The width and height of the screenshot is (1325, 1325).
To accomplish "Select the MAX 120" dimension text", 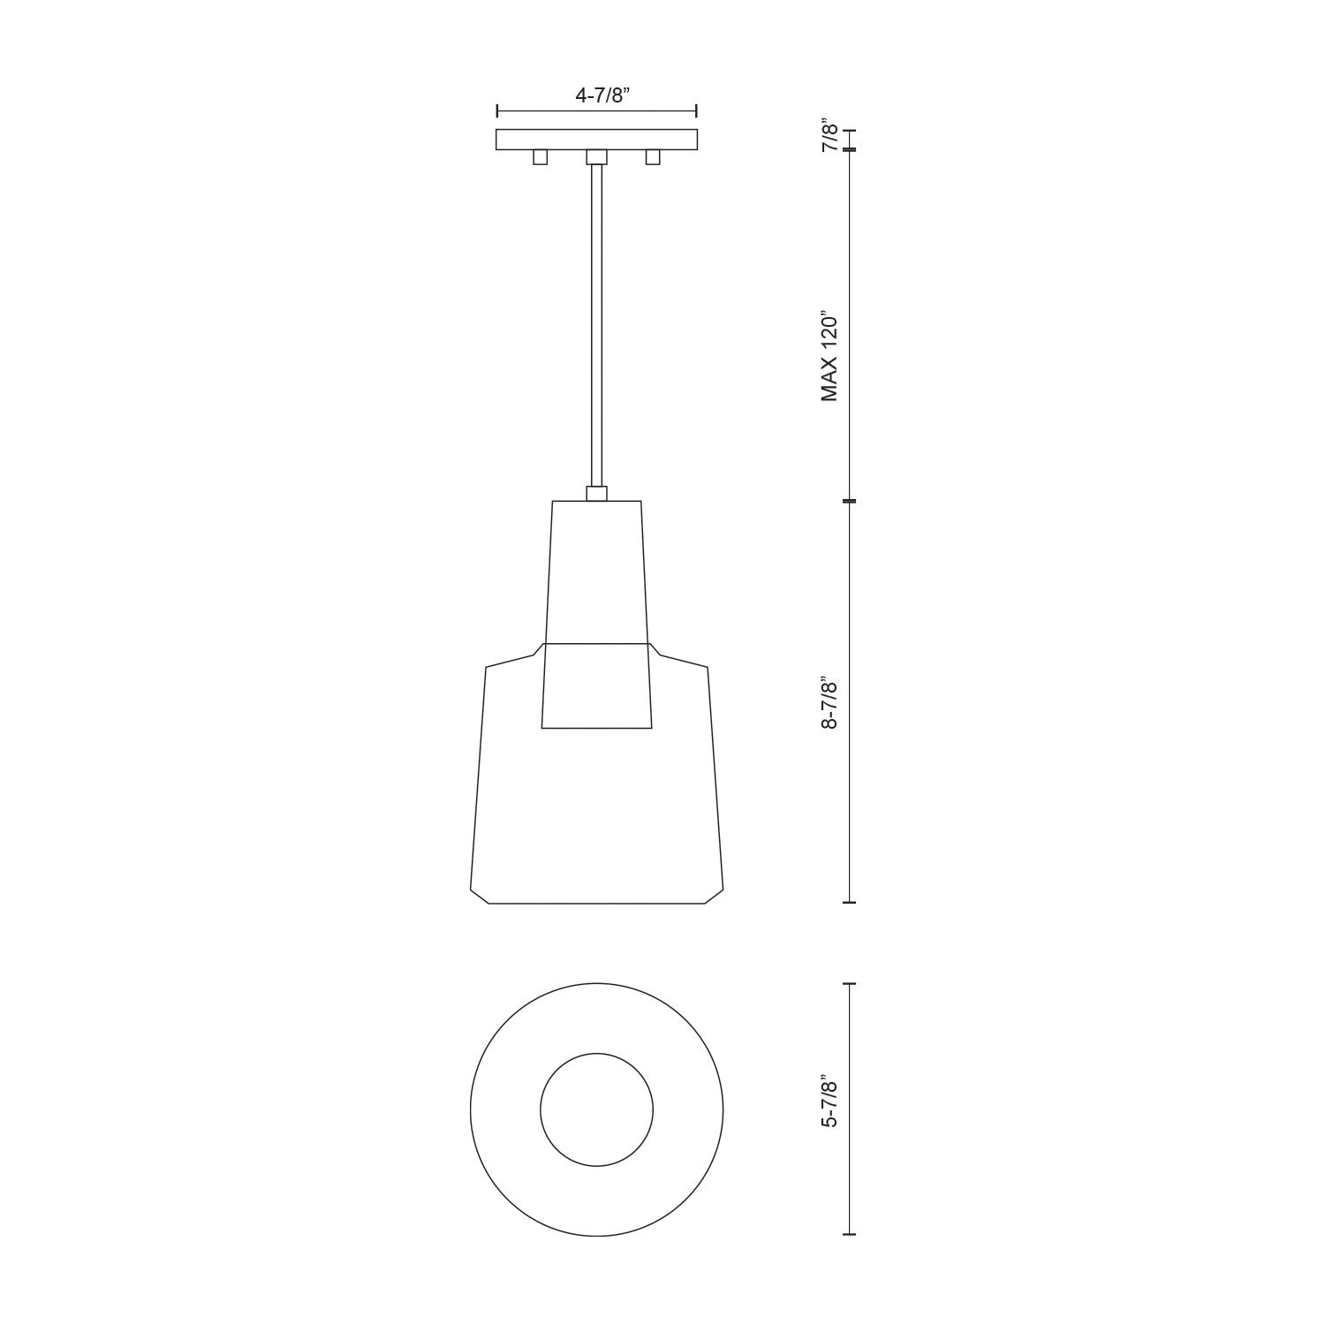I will click(829, 356).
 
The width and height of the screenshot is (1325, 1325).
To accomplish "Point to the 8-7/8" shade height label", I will click(829, 703).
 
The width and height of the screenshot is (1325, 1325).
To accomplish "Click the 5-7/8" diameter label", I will click(829, 1101).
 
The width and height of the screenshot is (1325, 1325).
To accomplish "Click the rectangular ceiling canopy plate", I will click(596, 140).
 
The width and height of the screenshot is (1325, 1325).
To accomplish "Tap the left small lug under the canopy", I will click(540, 157).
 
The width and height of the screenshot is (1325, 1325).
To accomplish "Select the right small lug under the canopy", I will click(653, 157).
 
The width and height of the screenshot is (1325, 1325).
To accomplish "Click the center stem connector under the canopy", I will click(596, 157).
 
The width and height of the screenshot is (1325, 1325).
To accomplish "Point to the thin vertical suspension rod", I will click(596, 327).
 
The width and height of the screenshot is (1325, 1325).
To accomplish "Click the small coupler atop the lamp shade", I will click(596, 494).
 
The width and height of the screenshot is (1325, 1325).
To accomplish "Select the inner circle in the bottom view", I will click(596, 1109).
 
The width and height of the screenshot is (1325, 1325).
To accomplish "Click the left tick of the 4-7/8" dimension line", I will click(497, 110).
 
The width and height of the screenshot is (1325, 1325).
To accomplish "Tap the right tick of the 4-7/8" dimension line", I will click(697, 110).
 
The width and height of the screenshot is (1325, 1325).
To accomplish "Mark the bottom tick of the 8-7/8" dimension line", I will click(850, 903).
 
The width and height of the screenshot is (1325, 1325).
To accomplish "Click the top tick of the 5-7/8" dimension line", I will click(850, 983).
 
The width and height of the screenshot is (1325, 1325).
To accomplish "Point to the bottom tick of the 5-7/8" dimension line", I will click(850, 1234).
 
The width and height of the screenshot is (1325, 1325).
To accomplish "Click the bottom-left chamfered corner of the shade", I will click(480, 896).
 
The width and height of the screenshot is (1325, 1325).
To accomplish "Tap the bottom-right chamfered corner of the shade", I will click(714, 896).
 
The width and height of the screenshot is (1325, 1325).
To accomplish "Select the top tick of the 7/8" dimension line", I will click(850, 130).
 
